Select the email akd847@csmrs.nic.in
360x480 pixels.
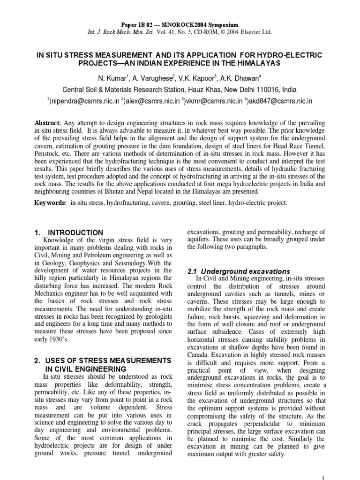[281, 101]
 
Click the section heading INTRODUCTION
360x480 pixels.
[76, 232]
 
